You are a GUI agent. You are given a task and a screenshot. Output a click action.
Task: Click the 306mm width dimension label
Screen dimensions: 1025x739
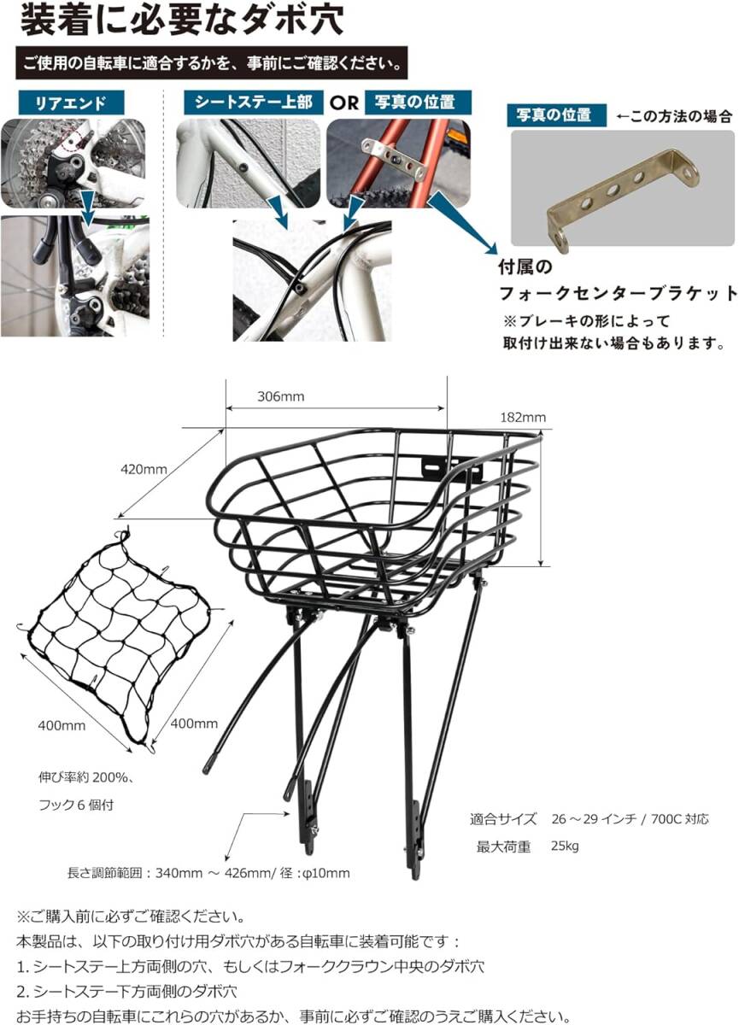[280, 397]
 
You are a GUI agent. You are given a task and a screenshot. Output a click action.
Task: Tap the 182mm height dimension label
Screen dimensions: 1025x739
[522, 418]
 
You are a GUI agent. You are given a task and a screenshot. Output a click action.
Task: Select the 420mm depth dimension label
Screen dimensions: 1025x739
[144, 469]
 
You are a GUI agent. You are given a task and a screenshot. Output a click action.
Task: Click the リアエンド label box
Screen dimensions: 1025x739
[71, 102]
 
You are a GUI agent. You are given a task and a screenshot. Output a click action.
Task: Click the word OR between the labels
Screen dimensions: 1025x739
[344, 102]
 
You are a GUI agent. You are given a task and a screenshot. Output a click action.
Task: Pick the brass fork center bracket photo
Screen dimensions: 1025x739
[622, 189]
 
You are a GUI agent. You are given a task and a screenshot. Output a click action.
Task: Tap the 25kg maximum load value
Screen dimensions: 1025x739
[566, 846]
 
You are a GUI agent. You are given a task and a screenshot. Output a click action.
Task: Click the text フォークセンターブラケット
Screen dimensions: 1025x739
[618, 294]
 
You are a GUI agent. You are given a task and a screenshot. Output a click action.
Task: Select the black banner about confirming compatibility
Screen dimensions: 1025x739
[210, 63]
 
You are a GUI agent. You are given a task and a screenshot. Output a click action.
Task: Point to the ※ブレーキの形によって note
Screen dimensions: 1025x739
[597, 321]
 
